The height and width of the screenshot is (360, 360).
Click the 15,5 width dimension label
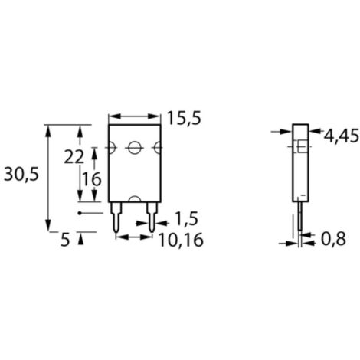point(184,119)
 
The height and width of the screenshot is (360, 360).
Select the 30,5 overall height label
point(21,175)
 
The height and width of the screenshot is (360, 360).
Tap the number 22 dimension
point(74,157)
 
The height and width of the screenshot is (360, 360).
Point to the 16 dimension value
point(92,179)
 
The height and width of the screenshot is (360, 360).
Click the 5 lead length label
point(65,240)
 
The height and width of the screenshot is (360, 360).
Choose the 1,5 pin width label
point(186,219)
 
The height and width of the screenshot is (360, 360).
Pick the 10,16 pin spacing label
point(181,241)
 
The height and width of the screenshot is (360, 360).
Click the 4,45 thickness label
point(342,136)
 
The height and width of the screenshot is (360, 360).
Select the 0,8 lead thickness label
point(333,239)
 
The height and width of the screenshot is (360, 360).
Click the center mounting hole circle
point(134,148)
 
